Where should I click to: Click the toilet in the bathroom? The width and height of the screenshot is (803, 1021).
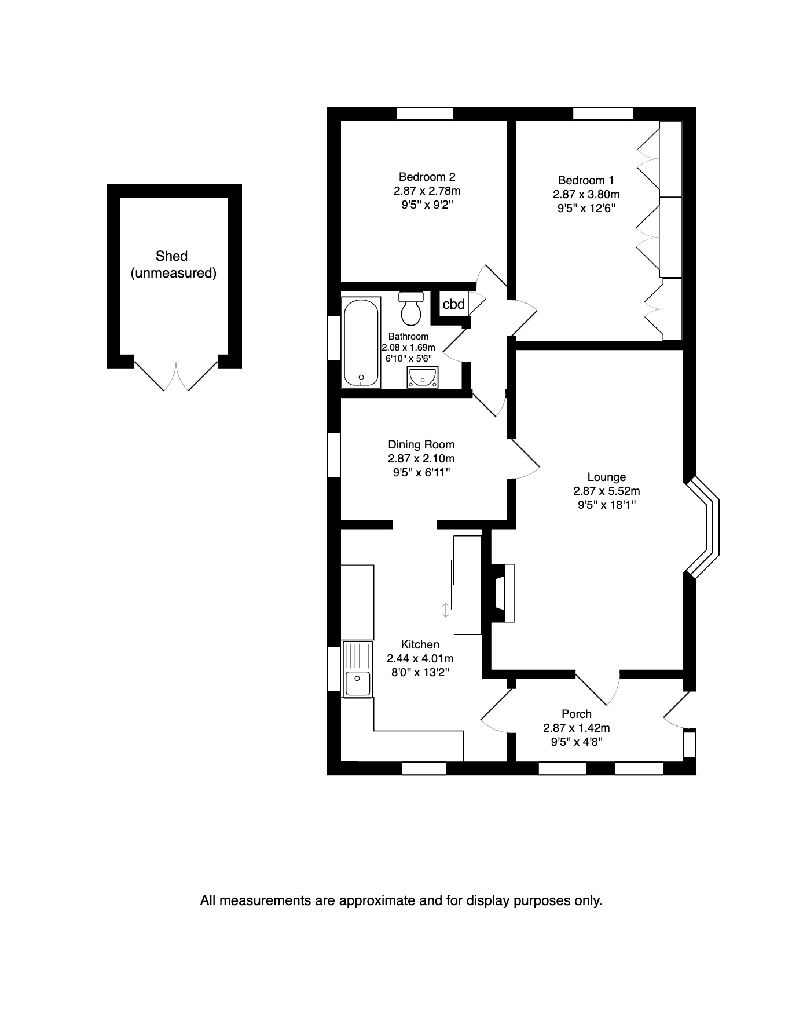(x=411, y=308)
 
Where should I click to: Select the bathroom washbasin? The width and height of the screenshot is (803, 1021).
(x=422, y=377)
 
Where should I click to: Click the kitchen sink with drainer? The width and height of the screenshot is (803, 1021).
(x=358, y=669)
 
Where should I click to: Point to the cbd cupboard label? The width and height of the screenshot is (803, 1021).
(x=453, y=304)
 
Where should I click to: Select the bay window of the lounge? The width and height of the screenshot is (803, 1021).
(x=703, y=528)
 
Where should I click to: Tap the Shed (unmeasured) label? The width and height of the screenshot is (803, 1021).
(x=173, y=264)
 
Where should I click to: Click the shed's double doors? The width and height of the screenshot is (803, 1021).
(x=175, y=375)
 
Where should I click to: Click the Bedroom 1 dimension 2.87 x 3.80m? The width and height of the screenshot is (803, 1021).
(x=586, y=194)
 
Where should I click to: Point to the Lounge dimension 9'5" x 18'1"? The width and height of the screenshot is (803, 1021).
(x=607, y=505)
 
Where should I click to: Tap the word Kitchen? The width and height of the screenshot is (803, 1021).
(x=420, y=644)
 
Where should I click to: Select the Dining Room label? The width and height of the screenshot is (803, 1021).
(x=421, y=444)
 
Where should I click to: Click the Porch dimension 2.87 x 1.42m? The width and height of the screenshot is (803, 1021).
(x=576, y=728)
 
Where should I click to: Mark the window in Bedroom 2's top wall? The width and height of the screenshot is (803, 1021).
(x=424, y=114)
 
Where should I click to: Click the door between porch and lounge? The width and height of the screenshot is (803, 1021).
(x=598, y=688)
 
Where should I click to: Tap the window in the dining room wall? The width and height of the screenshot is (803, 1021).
(x=334, y=455)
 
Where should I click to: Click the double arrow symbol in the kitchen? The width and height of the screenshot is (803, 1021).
(x=445, y=610)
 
